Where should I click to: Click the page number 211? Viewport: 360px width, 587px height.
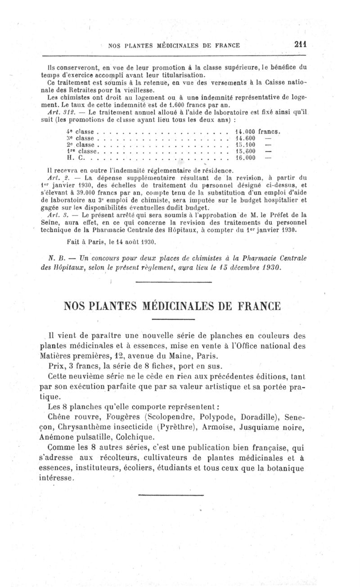300,45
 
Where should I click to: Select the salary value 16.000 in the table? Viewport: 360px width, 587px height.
245,158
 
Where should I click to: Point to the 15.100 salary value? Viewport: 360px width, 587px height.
245,144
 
